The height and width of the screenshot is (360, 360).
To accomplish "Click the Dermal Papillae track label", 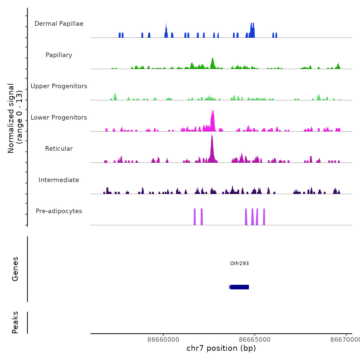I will (59, 24).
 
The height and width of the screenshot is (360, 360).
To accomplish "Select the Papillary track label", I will (59, 55).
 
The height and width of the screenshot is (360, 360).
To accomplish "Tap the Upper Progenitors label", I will (59, 86).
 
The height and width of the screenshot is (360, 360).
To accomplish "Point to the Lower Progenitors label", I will (59, 118).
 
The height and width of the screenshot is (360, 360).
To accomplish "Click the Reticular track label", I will (59, 149).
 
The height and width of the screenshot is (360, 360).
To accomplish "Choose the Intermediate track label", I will (59, 180).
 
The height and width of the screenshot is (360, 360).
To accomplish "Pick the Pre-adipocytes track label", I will (59, 211).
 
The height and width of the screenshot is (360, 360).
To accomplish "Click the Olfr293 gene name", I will (239, 263).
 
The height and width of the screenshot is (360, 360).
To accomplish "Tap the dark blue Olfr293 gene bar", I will (239, 287).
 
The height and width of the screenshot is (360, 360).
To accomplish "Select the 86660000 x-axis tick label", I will (163, 339).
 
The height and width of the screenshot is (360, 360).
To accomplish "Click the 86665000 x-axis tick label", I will (255, 339).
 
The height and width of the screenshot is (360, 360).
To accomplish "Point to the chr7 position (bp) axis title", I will (221, 348).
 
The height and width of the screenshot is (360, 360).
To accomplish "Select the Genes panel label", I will (15, 269).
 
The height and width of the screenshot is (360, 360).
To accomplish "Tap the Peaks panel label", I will (15, 322).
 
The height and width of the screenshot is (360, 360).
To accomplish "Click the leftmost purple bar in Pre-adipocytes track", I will (195, 217).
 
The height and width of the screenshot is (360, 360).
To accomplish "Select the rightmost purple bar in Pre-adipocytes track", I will (264, 217).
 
